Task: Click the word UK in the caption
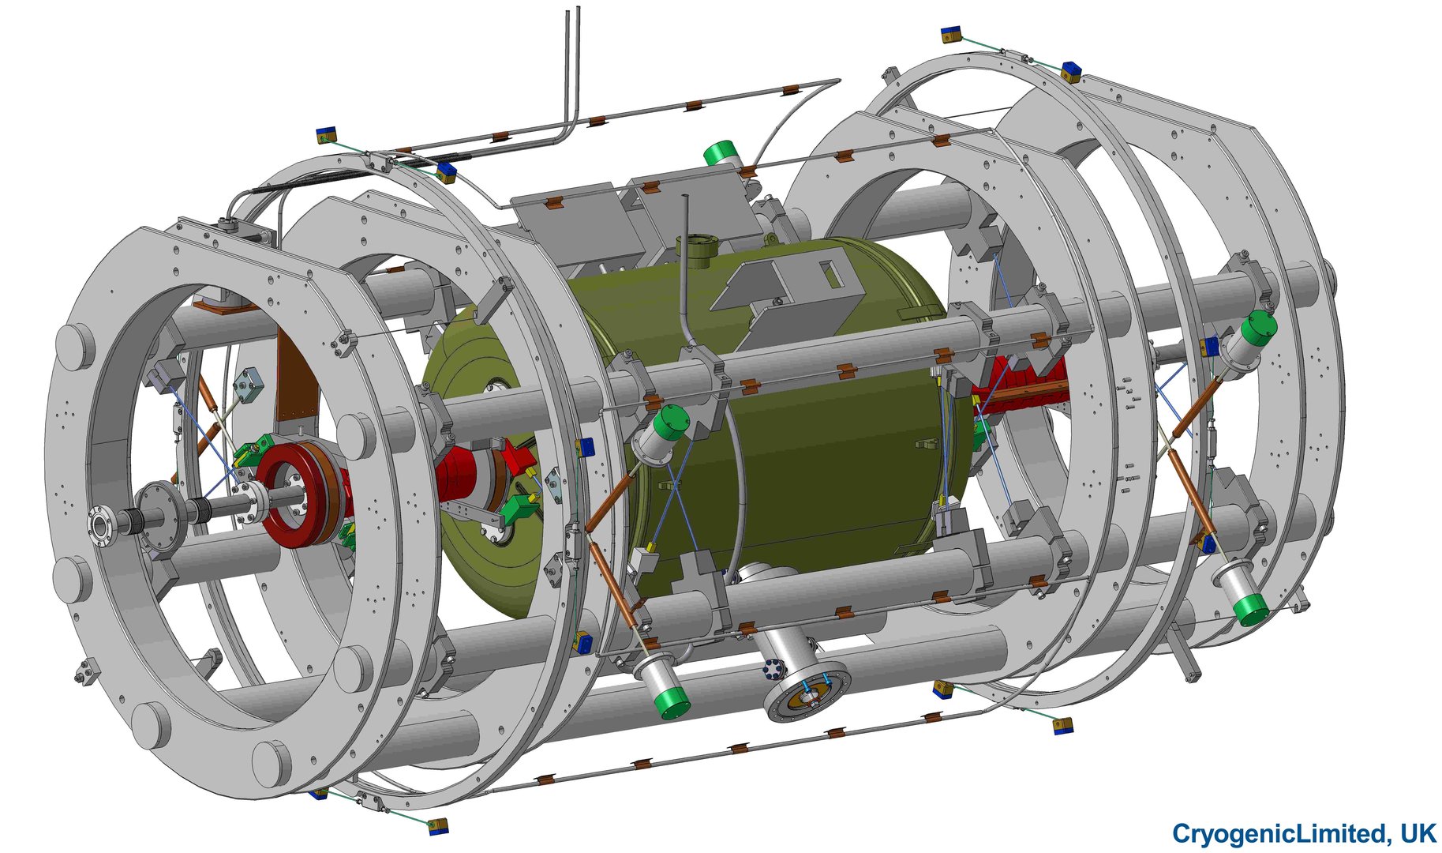tap(1419, 833)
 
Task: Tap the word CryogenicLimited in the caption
tap(1278, 834)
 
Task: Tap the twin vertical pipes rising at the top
tap(571, 71)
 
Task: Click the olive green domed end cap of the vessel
tap(481, 466)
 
